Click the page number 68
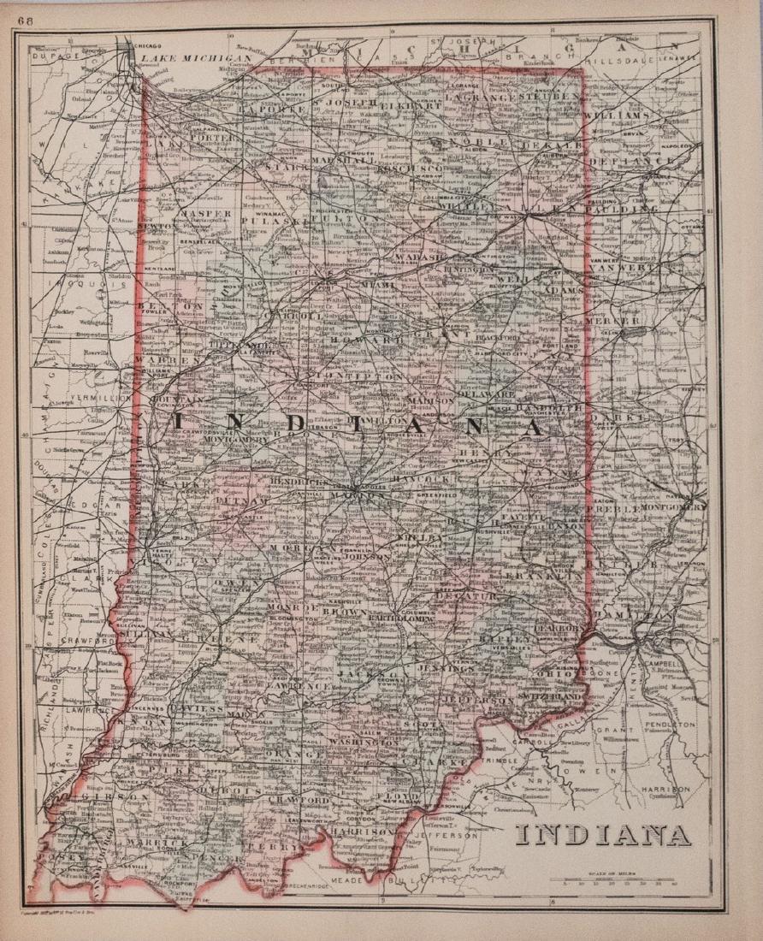(36, 12)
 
